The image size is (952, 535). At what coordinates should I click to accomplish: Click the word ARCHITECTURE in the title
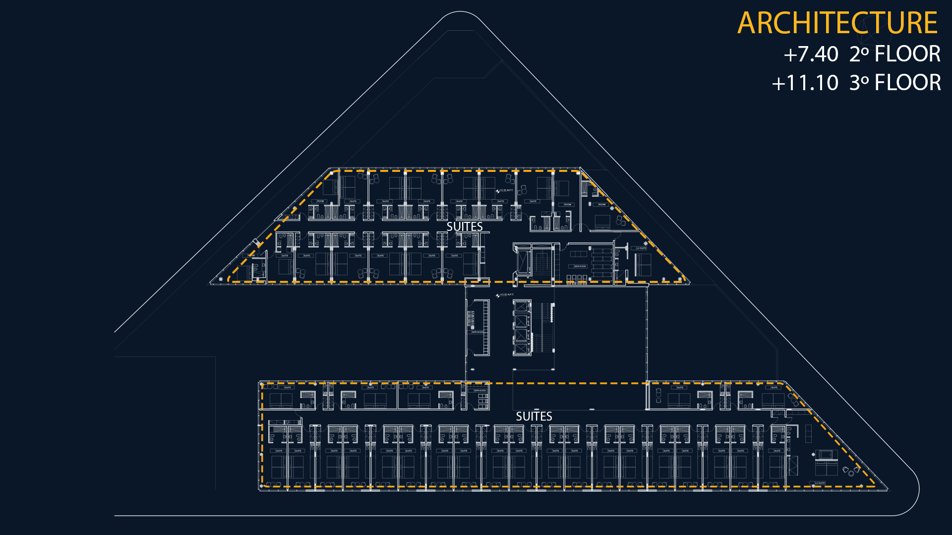(837, 23)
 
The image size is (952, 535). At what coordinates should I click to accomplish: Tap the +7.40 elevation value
(811, 54)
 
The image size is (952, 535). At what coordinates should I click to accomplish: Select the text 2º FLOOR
(895, 54)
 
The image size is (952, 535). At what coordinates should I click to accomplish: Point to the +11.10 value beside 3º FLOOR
(805, 83)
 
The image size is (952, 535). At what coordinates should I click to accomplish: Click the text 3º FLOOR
(895, 83)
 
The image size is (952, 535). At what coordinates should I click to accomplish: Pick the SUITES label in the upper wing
(465, 226)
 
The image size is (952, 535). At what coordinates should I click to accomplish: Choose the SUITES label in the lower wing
(534, 416)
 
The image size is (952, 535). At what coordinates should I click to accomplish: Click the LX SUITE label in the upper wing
(642, 248)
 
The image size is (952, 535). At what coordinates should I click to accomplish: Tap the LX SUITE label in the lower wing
(820, 483)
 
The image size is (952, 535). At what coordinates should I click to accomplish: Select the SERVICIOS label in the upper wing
(580, 267)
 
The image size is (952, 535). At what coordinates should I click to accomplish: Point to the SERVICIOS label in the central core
(477, 332)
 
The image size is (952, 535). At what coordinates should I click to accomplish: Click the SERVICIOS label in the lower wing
(480, 390)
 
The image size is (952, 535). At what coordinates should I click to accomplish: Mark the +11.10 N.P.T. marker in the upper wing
(505, 190)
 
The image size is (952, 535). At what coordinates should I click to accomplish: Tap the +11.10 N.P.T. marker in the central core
(505, 295)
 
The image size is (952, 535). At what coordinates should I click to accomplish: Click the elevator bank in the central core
(521, 328)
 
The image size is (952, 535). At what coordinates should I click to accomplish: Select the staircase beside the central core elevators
(543, 327)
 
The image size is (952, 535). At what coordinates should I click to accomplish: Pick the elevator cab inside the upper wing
(524, 261)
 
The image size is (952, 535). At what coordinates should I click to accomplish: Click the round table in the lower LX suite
(851, 473)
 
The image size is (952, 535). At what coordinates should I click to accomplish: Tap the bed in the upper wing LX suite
(643, 264)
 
